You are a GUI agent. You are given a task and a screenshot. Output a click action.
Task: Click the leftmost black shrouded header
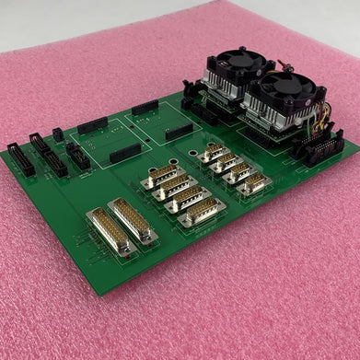pyautogui.click(x=20, y=159)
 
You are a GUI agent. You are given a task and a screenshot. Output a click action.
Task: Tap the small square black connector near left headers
pyautogui.click(x=58, y=134)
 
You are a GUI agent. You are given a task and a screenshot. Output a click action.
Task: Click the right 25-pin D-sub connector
pyautogui.click(x=134, y=220)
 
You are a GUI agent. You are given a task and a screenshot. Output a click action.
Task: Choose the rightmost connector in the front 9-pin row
pyautogui.click(x=202, y=215)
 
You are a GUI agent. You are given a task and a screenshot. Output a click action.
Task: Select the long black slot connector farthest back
pyautogui.click(x=145, y=108)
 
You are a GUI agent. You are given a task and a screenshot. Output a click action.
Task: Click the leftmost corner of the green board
pyautogui.click(x=3, y=153)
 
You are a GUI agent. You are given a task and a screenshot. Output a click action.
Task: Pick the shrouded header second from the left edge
pyautogui.click(x=41, y=145)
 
